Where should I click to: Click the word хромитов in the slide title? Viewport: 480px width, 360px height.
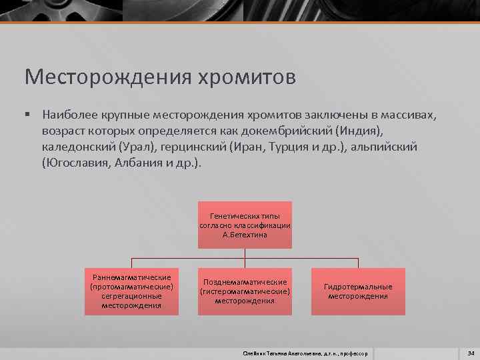247,77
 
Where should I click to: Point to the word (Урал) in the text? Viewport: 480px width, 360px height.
131,146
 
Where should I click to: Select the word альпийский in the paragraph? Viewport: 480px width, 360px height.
386,146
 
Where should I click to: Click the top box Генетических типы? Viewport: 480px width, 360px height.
245,225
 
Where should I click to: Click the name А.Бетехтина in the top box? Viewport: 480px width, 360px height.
245,235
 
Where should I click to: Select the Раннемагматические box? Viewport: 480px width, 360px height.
131,291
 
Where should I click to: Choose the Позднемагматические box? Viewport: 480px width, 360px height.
245,291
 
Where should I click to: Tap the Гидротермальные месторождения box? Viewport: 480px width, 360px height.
358,291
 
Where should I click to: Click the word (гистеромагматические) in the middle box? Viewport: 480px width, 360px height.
245,291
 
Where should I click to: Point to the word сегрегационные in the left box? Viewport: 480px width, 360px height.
131,296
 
